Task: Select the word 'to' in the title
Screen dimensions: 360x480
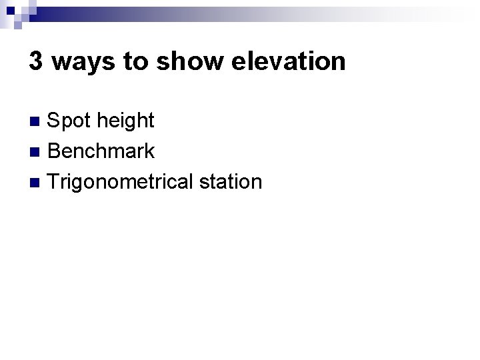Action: [134, 62]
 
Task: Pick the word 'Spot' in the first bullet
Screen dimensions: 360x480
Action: [70, 121]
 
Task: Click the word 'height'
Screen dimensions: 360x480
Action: [125, 121]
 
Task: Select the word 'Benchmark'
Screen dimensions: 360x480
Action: [101, 151]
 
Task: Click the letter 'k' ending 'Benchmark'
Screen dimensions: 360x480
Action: [150, 151]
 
